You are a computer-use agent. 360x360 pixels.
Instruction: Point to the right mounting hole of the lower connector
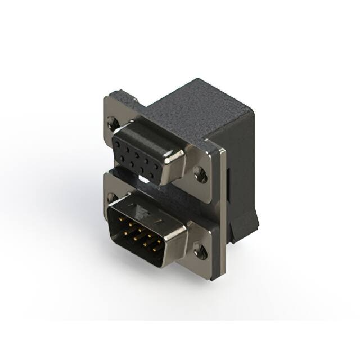[x=200, y=250]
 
